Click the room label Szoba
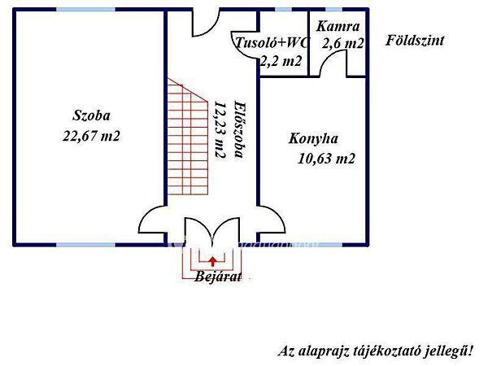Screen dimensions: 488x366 click(89, 115)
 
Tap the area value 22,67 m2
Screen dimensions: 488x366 click(90, 136)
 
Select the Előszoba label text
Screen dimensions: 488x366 click(238, 133)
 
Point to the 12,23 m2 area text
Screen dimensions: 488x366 click(219, 129)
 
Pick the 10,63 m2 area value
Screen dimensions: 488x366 click(327, 159)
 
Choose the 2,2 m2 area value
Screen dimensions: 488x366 click(281, 60)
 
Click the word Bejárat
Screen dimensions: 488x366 click(216, 276)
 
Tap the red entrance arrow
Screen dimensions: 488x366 click(212, 260)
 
